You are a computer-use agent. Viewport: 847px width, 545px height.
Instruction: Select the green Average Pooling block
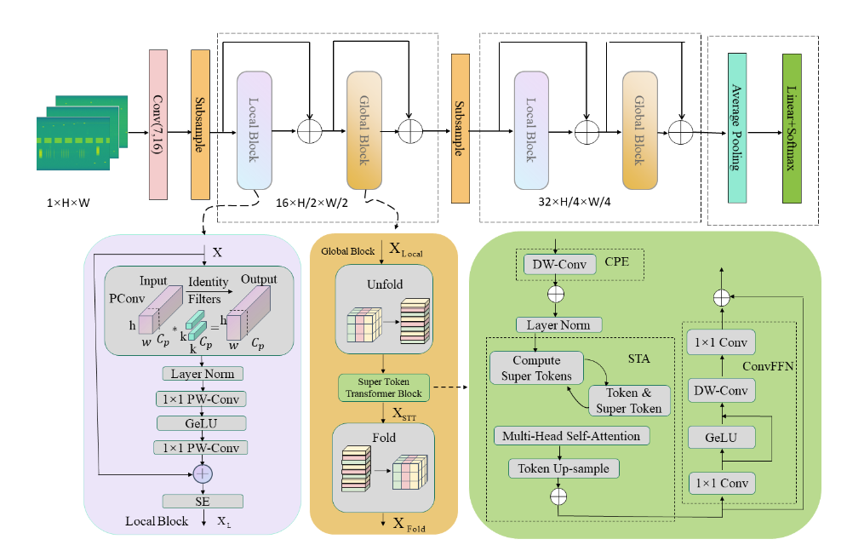click(x=737, y=128)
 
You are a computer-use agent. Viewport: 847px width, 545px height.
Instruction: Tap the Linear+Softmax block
click(x=792, y=128)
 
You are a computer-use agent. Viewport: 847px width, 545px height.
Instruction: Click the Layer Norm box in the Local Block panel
click(x=203, y=374)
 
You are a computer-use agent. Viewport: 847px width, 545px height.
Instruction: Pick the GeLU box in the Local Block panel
click(x=203, y=423)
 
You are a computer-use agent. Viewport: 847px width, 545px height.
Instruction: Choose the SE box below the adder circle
click(x=203, y=502)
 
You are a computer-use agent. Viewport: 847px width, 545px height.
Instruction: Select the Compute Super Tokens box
click(x=536, y=369)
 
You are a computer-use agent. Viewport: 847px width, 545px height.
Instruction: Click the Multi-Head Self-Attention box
click(x=572, y=436)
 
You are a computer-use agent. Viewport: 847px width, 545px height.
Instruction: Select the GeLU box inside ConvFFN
click(x=723, y=438)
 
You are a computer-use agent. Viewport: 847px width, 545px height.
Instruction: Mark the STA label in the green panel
click(x=638, y=359)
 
